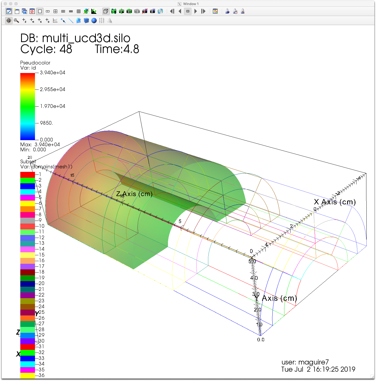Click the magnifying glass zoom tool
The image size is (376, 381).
click(x=16, y=21)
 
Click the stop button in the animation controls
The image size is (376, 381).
click(x=188, y=11)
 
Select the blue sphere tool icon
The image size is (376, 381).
click(x=94, y=21)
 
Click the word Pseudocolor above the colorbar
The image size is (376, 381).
click(x=35, y=63)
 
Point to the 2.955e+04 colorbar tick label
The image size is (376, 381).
click(x=52, y=90)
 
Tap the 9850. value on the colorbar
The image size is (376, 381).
click(x=46, y=123)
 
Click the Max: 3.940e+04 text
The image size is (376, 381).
click(x=40, y=144)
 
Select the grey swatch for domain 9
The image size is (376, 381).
click(x=28, y=220)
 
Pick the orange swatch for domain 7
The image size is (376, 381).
click(x=28, y=209)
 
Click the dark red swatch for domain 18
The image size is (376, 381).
click(x=28, y=272)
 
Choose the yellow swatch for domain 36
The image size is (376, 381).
click(x=28, y=375)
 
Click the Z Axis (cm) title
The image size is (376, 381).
click(x=134, y=194)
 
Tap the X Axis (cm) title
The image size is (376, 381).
click(x=335, y=202)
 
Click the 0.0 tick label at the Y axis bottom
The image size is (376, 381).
click(x=261, y=340)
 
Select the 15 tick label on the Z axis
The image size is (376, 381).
click(x=72, y=175)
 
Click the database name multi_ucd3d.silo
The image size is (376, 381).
click(x=86, y=38)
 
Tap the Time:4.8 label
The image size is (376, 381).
click(x=117, y=49)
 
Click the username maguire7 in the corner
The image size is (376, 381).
click(x=313, y=362)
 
